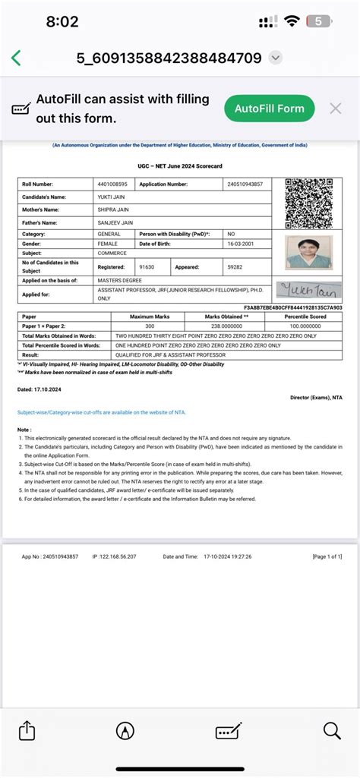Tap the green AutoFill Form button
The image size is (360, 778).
270,109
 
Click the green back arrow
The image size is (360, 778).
16,58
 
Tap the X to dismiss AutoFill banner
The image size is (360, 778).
335,109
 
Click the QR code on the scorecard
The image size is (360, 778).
308,203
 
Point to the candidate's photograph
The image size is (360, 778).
308,252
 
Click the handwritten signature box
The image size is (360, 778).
308,288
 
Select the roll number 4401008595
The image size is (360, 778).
112,184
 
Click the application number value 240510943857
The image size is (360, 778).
245,184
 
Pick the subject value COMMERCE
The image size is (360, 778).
112,254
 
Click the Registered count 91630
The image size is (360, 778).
147,267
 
